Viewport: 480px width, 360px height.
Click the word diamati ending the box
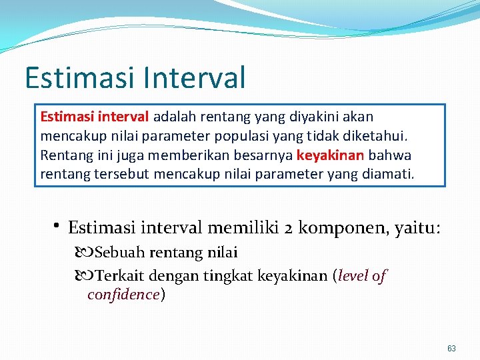pyautogui.click(x=389, y=175)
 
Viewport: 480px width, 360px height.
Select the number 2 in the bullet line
pyautogui.click(x=289, y=228)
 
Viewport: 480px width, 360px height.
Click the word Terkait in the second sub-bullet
pyautogui.click(x=120, y=275)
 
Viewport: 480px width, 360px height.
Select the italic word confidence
pyautogui.click(x=123, y=295)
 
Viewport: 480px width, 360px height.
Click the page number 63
pyautogui.click(x=451, y=348)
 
